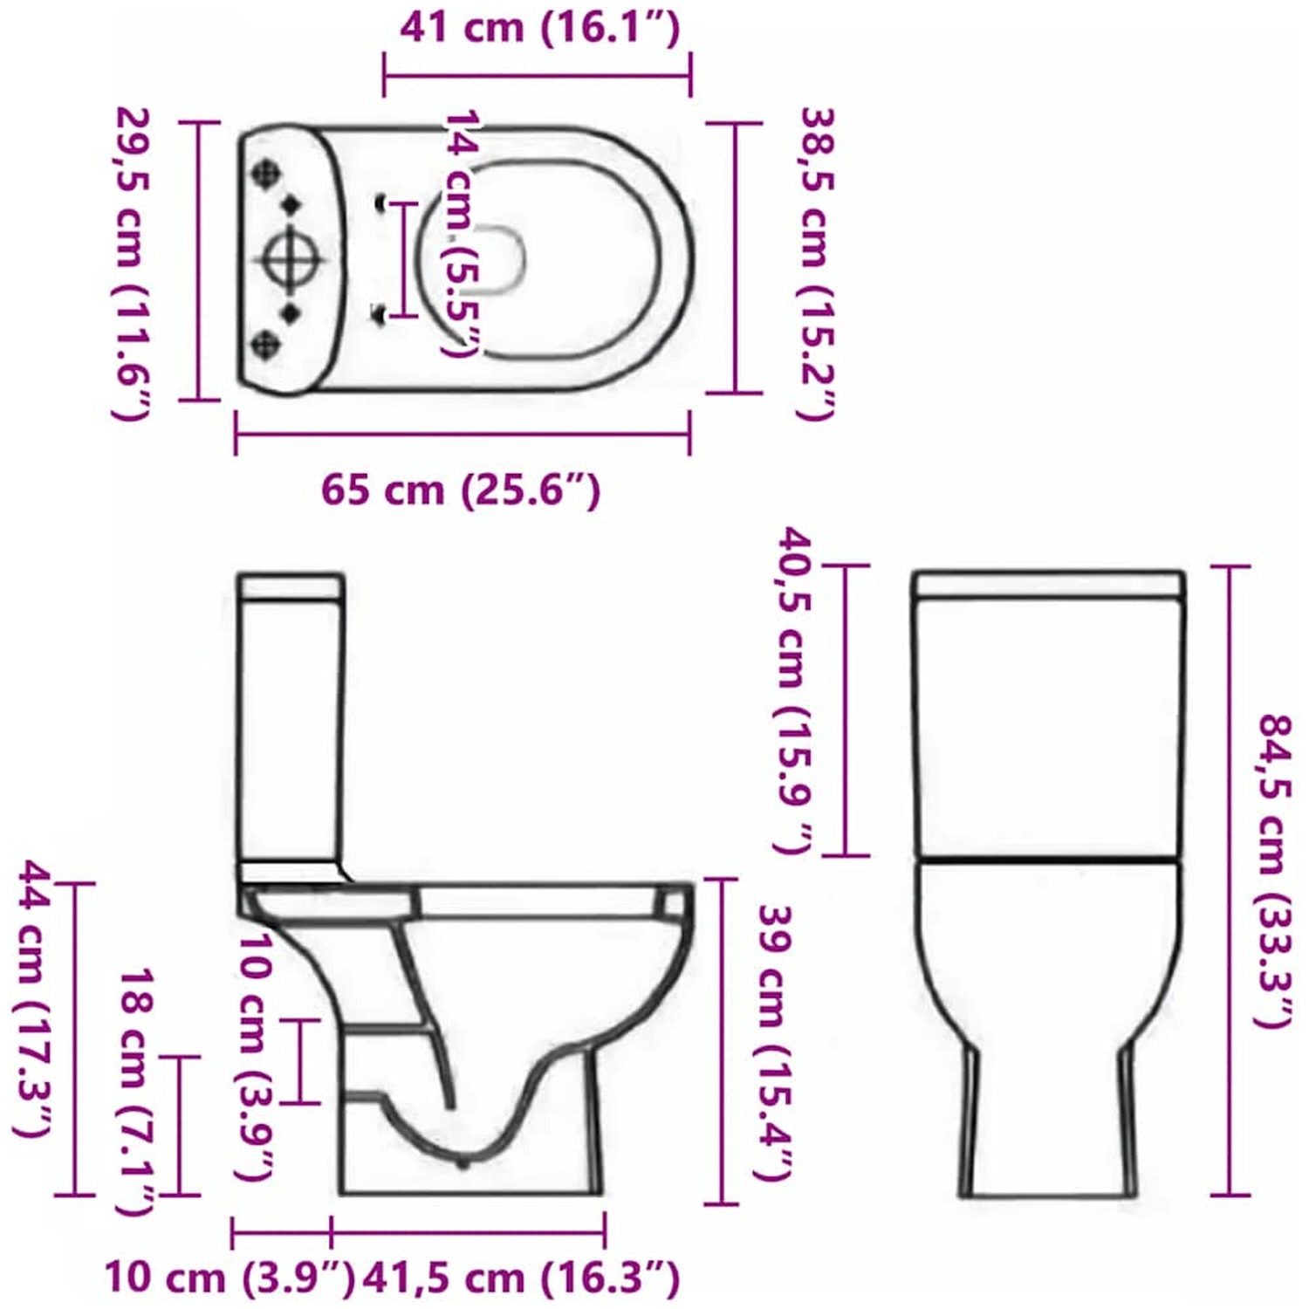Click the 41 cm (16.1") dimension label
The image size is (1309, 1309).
[539, 28]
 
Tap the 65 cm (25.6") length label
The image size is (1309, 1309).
[461, 490]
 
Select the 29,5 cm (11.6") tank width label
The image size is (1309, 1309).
[134, 263]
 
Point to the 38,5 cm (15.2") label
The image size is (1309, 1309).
[818, 263]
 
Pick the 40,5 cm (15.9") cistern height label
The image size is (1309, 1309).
[795, 690]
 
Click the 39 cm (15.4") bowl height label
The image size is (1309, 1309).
[774, 1043]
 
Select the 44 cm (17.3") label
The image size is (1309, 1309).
[36, 998]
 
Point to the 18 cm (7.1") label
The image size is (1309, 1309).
[137, 1091]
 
